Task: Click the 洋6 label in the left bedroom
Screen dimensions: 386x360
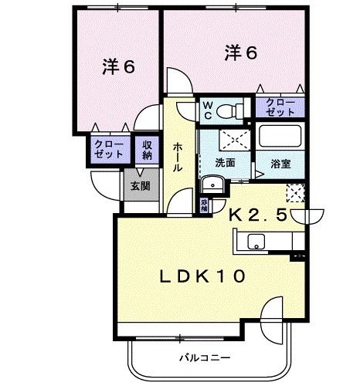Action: pyautogui.click(x=118, y=66)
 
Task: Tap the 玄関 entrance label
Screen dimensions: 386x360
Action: pyautogui.click(x=139, y=185)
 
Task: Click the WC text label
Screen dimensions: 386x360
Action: pyautogui.click(x=209, y=110)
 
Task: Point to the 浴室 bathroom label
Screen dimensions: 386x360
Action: pyautogui.click(x=280, y=163)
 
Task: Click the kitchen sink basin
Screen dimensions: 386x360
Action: pyautogui.click(x=257, y=242)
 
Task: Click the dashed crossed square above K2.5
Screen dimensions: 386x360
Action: pyautogui.click(x=296, y=192)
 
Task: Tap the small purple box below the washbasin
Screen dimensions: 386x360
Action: pyautogui.click(x=204, y=205)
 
